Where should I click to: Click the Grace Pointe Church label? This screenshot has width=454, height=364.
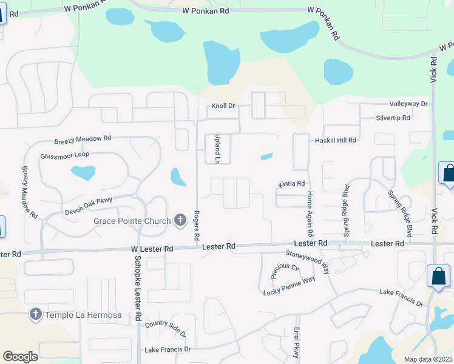tap(132, 221)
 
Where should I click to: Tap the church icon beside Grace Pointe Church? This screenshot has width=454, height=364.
tap(180, 220)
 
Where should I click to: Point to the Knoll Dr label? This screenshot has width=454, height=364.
tap(223, 106)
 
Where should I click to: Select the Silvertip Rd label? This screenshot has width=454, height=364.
tap(393, 118)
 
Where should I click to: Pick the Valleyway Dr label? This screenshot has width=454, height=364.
tap(408, 104)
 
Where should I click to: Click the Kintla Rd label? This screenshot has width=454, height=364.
tap(291, 183)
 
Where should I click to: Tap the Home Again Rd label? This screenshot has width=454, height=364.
tap(310, 214)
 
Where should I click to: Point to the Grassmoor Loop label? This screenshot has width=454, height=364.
tap(64, 155)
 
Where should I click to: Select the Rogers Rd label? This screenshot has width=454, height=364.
tap(197, 224)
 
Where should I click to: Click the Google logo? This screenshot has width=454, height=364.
tap(20, 357)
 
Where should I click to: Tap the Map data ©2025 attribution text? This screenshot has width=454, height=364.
tap(428, 359)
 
